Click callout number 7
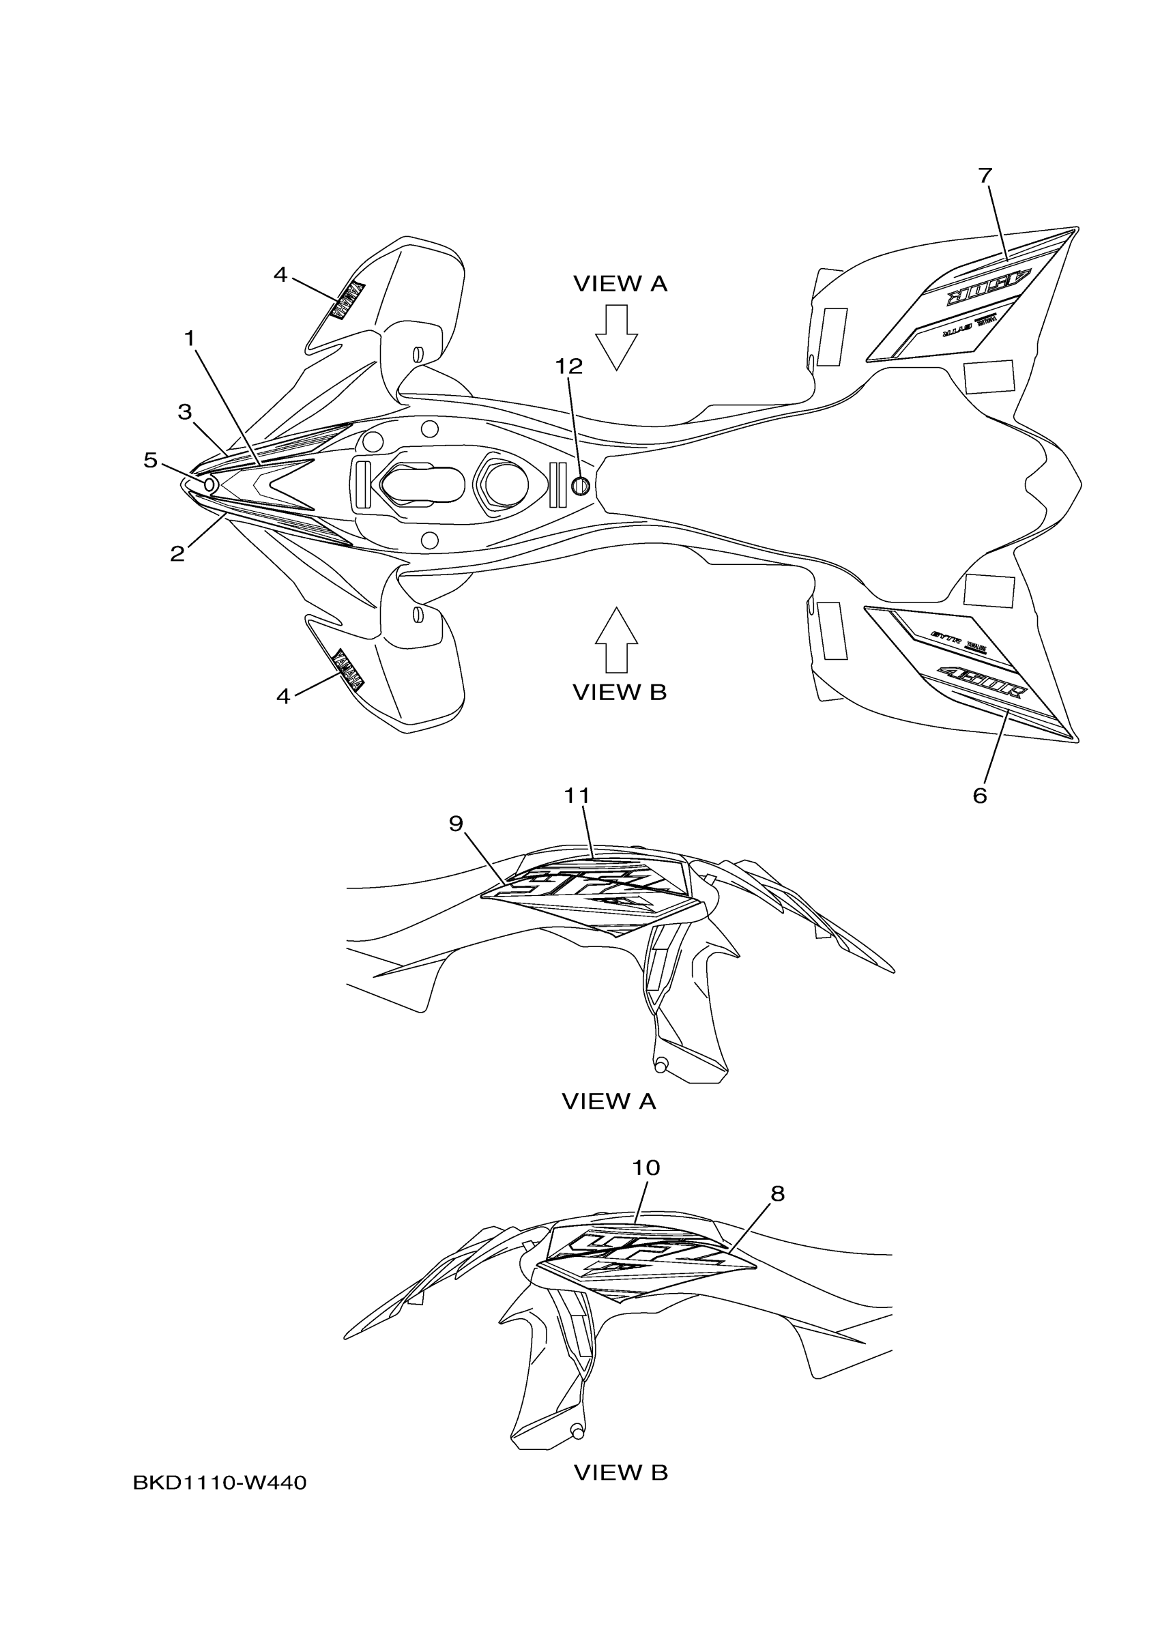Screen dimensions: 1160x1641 click(x=985, y=175)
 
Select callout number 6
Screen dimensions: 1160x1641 click(x=979, y=796)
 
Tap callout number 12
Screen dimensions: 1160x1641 click(x=569, y=366)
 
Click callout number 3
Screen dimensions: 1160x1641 click(x=185, y=412)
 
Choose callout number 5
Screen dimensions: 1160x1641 click(x=150, y=461)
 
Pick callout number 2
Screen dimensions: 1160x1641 click(x=177, y=553)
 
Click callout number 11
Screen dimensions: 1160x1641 click(x=577, y=796)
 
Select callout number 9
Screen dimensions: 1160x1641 click(x=456, y=824)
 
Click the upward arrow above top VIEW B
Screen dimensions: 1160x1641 click(x=616, y=639)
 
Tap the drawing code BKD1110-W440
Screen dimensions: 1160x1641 click(x=220, y=1483)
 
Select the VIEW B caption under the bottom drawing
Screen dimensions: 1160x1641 click(x=620, y=1472)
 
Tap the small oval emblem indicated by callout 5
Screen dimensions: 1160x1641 click(x=210, y=484)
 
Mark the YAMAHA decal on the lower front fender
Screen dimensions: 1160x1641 click(x=349, y=668)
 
